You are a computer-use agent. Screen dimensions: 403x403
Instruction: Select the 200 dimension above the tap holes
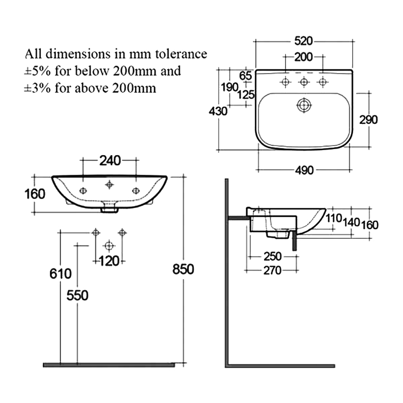303,57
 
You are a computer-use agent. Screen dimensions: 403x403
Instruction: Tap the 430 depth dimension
218,111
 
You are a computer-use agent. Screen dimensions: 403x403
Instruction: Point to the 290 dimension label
368,119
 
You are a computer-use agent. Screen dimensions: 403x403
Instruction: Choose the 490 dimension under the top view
304,170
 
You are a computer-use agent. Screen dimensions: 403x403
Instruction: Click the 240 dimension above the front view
110,161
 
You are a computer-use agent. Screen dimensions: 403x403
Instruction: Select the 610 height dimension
60,274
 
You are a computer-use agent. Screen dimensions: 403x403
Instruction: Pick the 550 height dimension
78,295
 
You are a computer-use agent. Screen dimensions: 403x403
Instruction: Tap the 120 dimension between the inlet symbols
108,260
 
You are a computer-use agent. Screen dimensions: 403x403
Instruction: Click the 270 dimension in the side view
272,271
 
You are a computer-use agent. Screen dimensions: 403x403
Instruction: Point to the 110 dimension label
333,219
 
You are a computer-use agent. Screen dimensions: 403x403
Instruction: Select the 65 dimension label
245,76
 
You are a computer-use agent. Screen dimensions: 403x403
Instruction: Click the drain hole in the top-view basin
304,105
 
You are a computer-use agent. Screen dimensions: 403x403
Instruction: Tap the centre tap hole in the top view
304,82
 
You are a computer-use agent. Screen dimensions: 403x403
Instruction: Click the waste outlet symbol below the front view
108,246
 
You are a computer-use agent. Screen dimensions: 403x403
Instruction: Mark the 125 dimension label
246,94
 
